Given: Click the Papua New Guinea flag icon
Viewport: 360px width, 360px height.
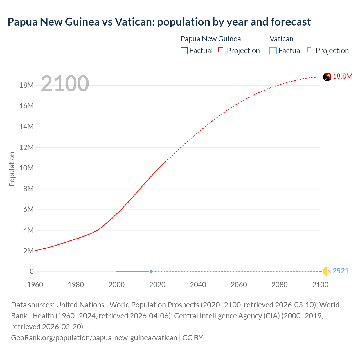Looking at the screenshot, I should [327, 77].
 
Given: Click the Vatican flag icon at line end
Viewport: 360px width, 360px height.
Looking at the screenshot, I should [327, 271].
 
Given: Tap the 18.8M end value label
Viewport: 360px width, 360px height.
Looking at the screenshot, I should [343, 76].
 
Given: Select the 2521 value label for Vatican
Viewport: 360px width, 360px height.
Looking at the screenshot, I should [340, 271].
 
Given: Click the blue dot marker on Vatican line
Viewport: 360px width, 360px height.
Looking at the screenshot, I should [151, 271].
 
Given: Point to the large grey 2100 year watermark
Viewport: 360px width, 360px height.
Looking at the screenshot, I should [65, 84].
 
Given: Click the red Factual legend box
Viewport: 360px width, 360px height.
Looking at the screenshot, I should [184, 51].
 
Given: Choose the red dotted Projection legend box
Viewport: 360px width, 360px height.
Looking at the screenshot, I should [222, 51].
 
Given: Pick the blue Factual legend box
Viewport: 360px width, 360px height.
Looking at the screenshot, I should [273, 51].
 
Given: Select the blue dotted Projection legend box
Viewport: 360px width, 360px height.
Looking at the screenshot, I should [310, 51].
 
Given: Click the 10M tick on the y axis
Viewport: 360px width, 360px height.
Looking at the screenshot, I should [26, 168].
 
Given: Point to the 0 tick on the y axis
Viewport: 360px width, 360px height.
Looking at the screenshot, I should [31, 271].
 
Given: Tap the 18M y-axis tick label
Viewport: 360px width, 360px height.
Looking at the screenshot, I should [26, 85].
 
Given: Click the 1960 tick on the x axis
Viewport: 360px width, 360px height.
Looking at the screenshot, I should [35, 285].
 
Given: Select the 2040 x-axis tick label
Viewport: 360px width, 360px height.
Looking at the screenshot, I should [198, 285].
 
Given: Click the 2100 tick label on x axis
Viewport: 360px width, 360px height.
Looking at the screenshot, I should [320, 285].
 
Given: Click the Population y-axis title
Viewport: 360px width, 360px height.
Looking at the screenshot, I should [12, 169].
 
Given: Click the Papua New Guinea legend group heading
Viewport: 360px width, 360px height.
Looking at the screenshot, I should [211, 39].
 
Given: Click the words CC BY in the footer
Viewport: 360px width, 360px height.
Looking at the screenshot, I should [193, 337].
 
